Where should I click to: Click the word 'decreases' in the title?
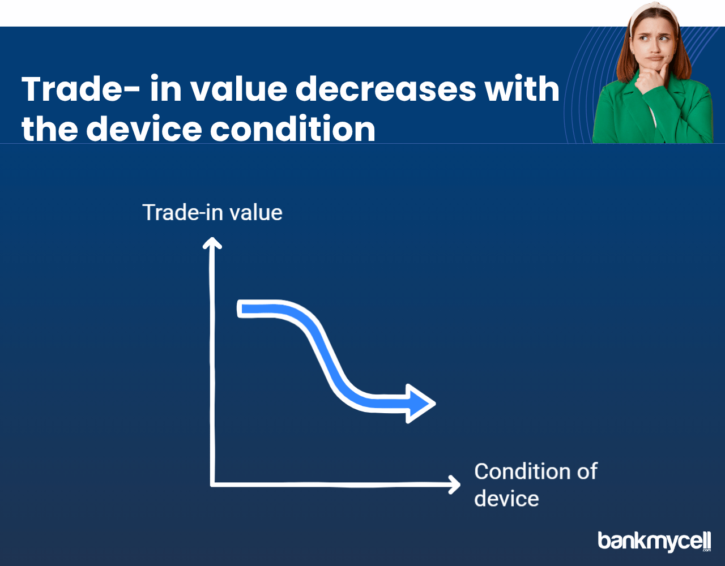(x=386, y=89)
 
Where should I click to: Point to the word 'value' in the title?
(x=239, y=89)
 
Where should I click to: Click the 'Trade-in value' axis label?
(x=212, y=212)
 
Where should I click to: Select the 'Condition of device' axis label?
(x=536, y=485)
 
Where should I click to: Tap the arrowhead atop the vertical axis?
(x=212, y=242)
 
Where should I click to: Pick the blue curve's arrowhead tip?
(x=435, y=404)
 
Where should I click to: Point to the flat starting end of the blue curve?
(x=239, y=309)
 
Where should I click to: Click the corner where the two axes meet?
(x=212, y=484)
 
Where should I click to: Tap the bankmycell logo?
(x=654, y=541)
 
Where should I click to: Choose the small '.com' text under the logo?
(x=707, y=550)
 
